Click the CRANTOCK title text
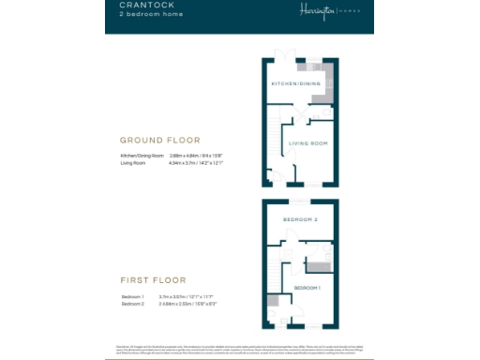142,7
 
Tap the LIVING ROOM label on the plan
307,143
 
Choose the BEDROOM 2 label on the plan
300,219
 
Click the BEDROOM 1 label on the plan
307,287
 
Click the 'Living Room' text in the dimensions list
131,162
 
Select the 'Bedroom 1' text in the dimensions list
131,295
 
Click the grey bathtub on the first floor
316,254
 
